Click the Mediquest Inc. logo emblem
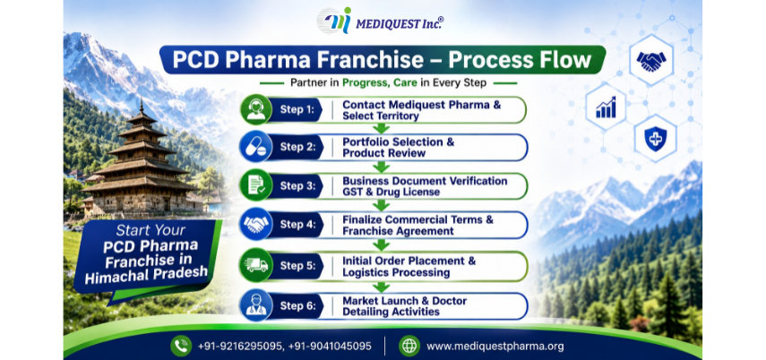(334, 21)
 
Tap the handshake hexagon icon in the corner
(650, 61)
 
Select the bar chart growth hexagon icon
(606, 107)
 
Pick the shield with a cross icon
(655, 138)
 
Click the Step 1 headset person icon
(256, 110)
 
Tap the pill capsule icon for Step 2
(256, 147)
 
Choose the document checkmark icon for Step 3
(256, 185)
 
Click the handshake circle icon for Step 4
(256, 224)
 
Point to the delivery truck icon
(256, 265)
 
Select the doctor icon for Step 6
(256, 305)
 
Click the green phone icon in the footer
(181, 347)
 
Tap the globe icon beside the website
(409, 347)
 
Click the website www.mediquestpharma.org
(495, 347)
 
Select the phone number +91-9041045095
(330, 347)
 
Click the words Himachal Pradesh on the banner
(146, 275)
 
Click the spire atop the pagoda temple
(142, 106)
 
